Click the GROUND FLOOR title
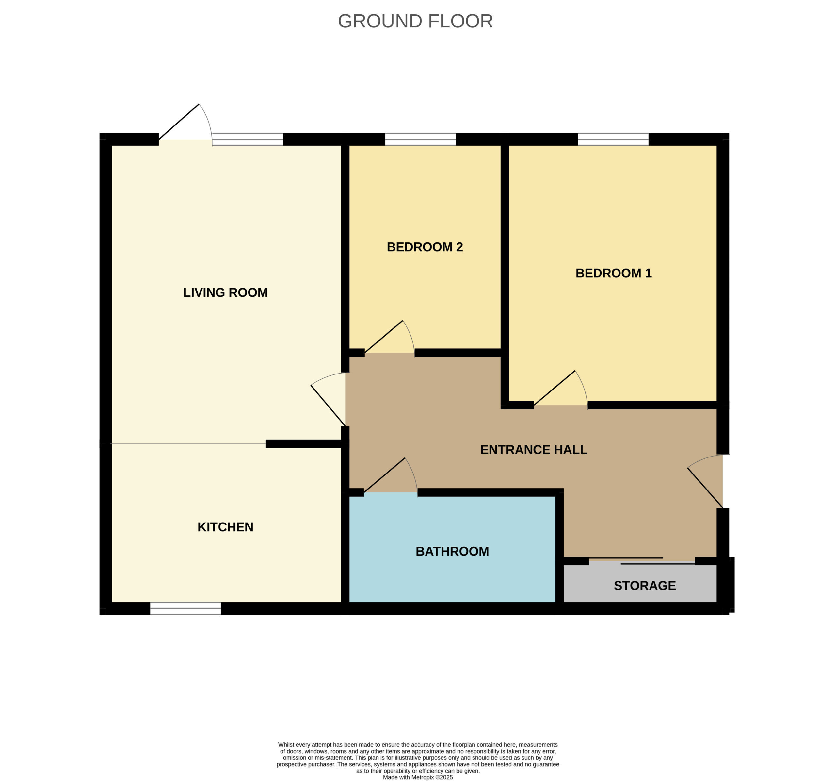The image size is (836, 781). click(x=415, y=21)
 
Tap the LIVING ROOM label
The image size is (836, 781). click(x=225, y=292)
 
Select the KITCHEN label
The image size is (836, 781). click(x=225, y=527)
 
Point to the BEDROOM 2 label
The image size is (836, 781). click(x=425, y=247)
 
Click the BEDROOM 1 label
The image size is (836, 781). click(x=614, y=273)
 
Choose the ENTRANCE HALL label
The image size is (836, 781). click(x=534, y=449)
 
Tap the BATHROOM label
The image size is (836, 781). click(x=452, y=551)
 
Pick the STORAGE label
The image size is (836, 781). click(x=645, y=585)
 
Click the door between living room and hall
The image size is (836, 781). click(x=328, y=399)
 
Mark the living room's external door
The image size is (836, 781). click(x=185, y=125)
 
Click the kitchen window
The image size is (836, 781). click(x=185, y=608)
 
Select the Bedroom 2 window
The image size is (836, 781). click(x=421, y=139)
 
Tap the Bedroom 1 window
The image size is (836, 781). click(x=613, y=139)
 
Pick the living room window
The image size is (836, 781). click(x=248, y=139)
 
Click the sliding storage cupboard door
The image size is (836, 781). click(x=642, y=560)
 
